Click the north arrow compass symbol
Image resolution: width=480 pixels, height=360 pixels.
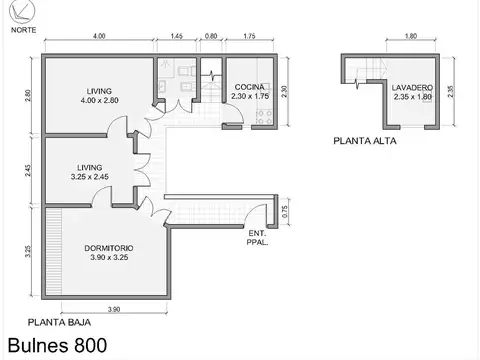pyautogui.click(x=19, y=12)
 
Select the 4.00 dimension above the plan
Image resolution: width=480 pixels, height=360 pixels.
pyautogui.click(x=99, y=37)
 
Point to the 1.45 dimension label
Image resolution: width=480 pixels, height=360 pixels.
pyautogui.click(x=176, y=37)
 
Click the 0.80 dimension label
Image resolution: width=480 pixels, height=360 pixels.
pyautogui.click(x=211, y=37)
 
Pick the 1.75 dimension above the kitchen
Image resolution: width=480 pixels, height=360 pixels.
pyautogui.click(x=248, y=37)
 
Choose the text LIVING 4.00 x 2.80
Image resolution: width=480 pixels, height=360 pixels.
pyautogui.click(x=99, y=95)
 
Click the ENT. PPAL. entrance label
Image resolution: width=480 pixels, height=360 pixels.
pyautogui.click(x=257, y=237)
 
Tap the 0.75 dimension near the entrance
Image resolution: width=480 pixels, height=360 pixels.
pyautogui.click(x=285, y=210)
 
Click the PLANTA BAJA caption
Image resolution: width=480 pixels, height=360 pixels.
pyautogui.click(x=56, y=322)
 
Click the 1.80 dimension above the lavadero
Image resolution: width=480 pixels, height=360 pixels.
pyautogui.click(x=382, y=37)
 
